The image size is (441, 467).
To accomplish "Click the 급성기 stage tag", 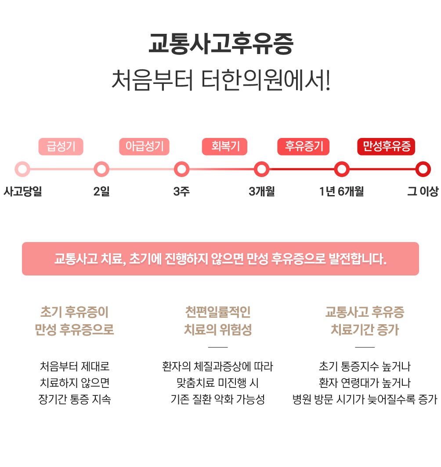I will point(61,147).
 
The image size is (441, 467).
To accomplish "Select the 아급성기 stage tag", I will point(144,147).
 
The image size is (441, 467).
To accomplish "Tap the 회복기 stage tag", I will point(224,147).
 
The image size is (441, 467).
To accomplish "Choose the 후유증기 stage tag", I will point(304,147).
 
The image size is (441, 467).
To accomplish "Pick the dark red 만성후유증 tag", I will point(386,147).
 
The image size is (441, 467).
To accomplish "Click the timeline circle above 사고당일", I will point(22,169).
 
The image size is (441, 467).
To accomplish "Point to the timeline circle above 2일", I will point(101,169).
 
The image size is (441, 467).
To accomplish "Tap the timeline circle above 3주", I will point(181,169).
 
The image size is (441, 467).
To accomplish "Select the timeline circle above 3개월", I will point(261,169).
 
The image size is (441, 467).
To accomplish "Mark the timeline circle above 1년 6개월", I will point(341,169).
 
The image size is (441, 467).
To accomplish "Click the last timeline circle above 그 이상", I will point(423,169).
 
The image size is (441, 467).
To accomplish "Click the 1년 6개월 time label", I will point(341,192).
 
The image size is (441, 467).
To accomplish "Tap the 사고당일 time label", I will point(22,192).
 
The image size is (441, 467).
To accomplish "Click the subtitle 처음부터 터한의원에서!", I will point(220,79).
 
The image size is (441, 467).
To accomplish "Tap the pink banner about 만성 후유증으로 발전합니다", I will point(220,259).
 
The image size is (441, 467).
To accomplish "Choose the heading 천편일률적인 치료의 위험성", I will point(218,321).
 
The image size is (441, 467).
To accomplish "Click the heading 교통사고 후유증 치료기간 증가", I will point(365,321).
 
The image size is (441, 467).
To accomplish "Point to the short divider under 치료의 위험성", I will point(218,347).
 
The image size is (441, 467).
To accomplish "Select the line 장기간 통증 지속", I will point(74,399).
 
